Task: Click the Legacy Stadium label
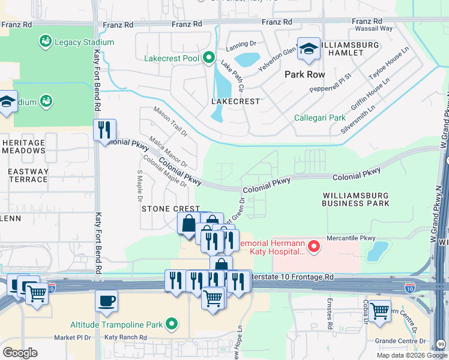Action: pyautogui.click(x=85, y=42)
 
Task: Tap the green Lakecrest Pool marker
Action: pyautogui.click(x=209, y=58)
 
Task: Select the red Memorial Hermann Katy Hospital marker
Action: pyautogui.click(x=313, y=246)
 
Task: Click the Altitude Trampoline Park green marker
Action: pyautogui.click(x=172, y=325)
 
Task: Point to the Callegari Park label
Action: pyautogui.click(x=320, y=118)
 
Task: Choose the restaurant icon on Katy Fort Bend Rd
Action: pyautogui.click(x=104, y=130)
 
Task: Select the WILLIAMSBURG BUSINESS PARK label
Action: pyautogui.click(x=355, y=200)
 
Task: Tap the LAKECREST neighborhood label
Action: pyautogui.click(x=236, y=101)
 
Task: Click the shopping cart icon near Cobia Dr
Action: pyautogui.click(x=379, y=311)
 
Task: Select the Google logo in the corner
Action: pyautogui.click(x=20, y=353)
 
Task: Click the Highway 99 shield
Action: pyautogui.click(x=442, y=344)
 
